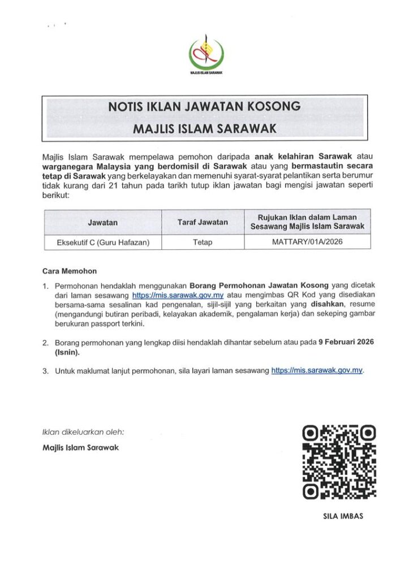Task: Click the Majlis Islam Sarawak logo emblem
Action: point(205,53)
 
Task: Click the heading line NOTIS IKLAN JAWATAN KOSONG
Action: point(204,106)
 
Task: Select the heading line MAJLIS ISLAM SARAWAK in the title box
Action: point(204,129)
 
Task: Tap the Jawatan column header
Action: point(102,222)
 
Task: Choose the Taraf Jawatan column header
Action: point(203,222)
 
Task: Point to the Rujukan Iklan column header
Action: point(307,222)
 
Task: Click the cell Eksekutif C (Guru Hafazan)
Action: point(102,242)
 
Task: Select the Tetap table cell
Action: point(203,242)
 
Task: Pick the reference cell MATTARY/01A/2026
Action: point(307,242)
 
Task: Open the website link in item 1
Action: point(178,295)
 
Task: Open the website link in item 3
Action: point(317,370)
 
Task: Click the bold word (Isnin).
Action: point(67,352)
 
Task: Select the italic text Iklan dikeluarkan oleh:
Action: point(83,432)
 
